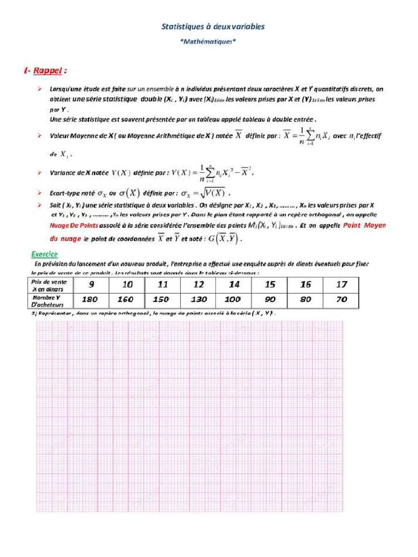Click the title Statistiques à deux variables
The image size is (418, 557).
(x=213, y=26)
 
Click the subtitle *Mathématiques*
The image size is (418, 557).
(x=208, y=41)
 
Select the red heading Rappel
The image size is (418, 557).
(x=49, y=71)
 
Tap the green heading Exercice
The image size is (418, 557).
(x=44, y=254)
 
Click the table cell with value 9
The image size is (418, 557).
(x=91, y=284)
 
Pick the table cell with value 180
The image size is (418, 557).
(x=90, y=299)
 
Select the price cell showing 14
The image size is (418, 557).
(x=234, y=284)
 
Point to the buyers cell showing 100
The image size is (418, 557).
(x=233, y=299)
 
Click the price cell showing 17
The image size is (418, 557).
(x=341, y=284)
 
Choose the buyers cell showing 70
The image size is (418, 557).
(x=341, y=299)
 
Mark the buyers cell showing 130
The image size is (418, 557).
(x=199, y=299)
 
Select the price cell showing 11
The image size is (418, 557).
(x=163, y=284)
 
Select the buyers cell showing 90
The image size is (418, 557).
(x=270, y=299)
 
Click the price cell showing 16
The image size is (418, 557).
(x=306, y=284)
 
